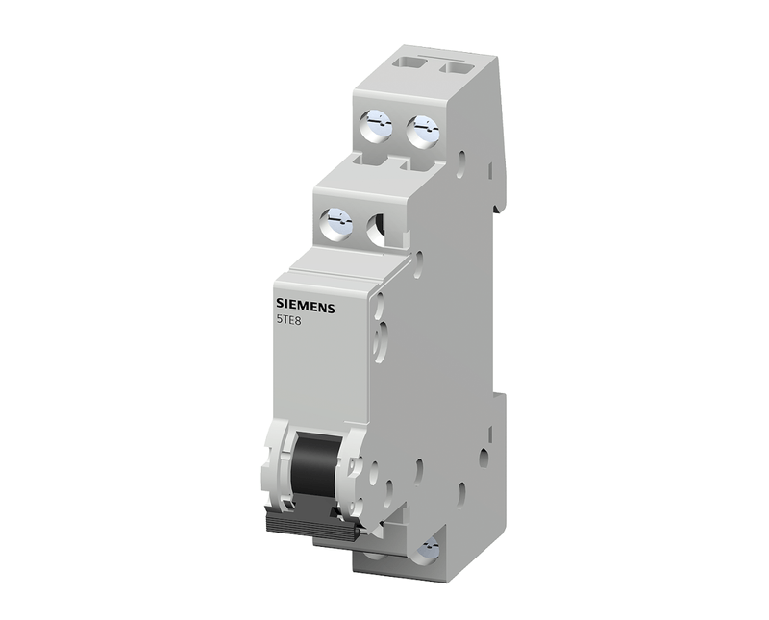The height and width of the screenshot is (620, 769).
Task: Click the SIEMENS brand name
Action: click(x=305, y=305)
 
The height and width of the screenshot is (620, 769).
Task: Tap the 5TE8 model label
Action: click(x=285, y=319)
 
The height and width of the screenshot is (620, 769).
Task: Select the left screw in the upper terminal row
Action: click(x=376, y=126)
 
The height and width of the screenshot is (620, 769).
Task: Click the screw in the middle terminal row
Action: click(x=335, y=223)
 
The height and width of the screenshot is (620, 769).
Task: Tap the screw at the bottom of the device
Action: click(x=426, y=549)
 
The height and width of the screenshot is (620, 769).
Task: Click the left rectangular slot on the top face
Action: click(x=410, y=63)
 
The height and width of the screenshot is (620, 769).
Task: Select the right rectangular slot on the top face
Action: click(x=457, y=67)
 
